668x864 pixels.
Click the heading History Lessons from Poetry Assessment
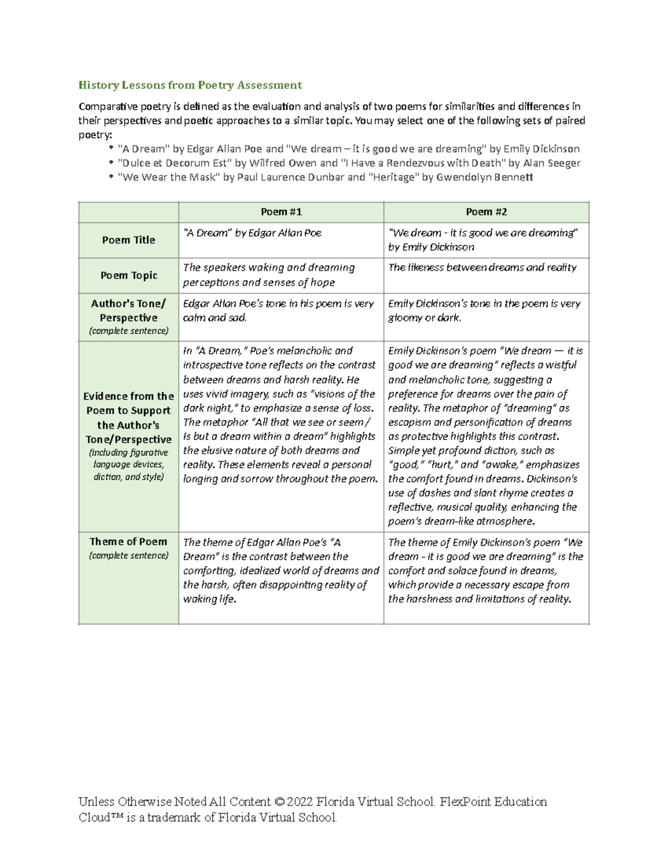click(x=190, y=85)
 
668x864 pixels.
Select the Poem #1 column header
click(x=281, y=212)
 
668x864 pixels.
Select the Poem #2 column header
click(x=486, y=212)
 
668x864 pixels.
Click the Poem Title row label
click(x=129, y=240)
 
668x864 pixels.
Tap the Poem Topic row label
click(x=129, y=275)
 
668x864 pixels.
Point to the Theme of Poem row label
click(x=129, y=542)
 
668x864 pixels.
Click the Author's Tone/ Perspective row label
click(x=129, y=311)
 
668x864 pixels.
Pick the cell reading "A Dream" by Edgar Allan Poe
click(x=252, y=233)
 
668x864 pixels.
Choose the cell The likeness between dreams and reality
click(x=482, y=268)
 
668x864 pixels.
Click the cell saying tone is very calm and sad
click(x=278, y=310)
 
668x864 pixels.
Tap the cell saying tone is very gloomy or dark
click(x=484, y=310)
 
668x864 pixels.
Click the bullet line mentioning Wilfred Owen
click(x=349, y=163)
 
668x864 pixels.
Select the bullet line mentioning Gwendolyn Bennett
click(x=325, y=177)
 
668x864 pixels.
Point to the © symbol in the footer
click(x=279, y=802)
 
